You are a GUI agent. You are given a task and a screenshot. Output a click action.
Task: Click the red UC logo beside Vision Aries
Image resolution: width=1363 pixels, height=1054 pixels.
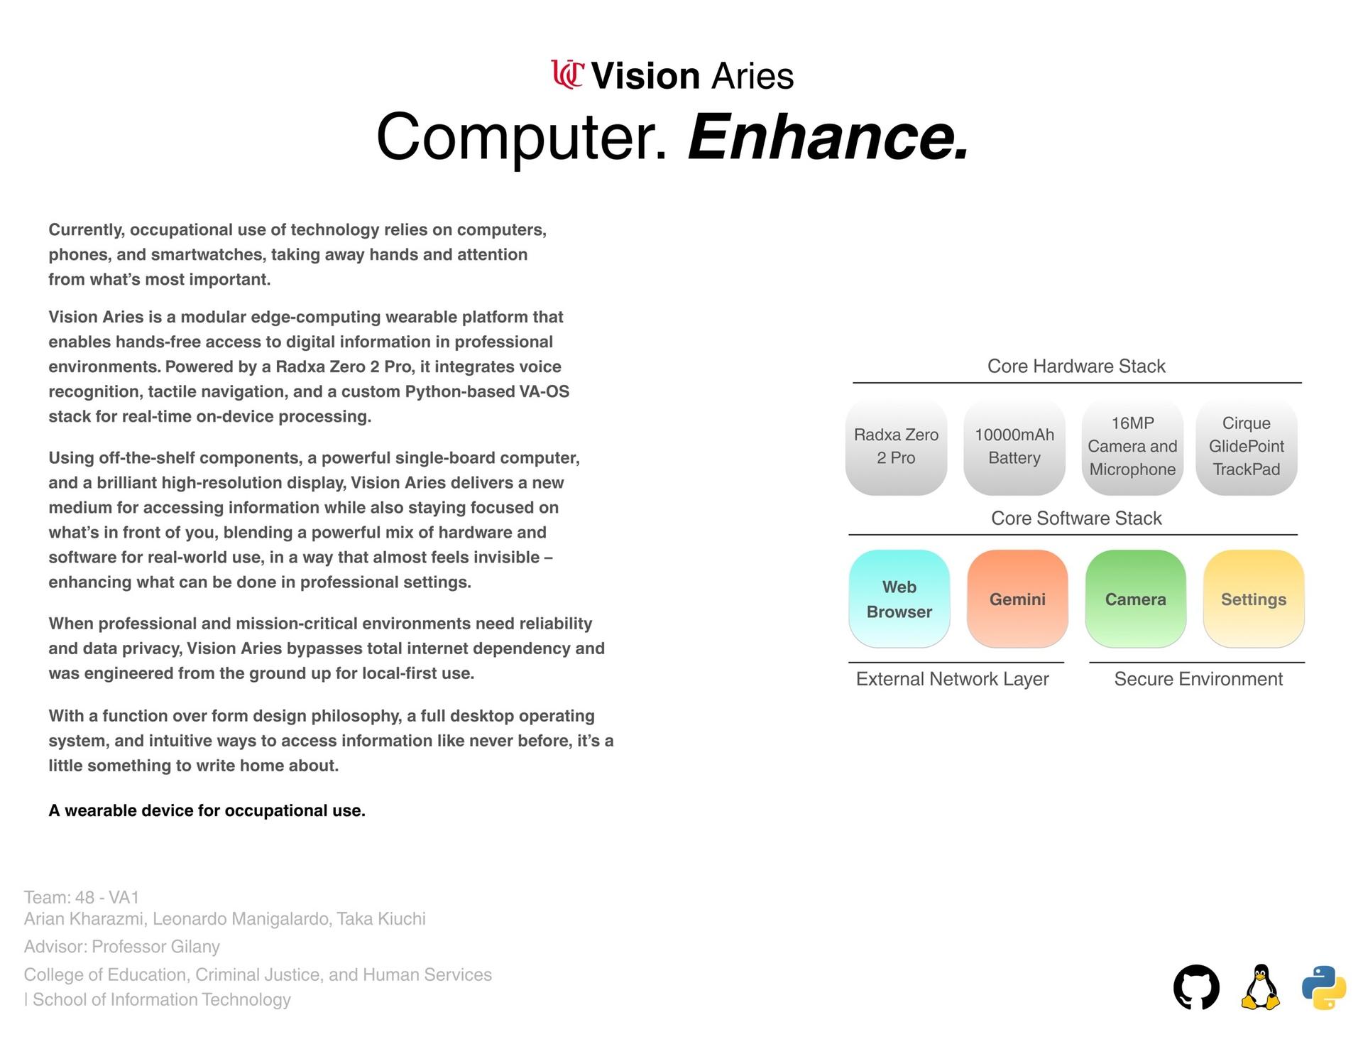click(x=567, y=75)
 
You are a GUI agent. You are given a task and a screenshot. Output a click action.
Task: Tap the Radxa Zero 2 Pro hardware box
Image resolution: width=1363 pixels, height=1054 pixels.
click(x=896, y=447)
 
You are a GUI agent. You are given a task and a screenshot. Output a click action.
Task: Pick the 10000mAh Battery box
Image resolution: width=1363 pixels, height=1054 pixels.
click(x=1014, y=447)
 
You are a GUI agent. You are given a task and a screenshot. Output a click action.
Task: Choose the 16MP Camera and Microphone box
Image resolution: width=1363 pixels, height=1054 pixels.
click(x=1132, y=447)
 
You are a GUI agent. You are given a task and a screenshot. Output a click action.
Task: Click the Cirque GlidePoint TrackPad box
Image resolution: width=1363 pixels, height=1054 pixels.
click(x=1246, y=447)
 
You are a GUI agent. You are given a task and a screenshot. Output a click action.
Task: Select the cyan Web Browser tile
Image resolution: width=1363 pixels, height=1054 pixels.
click(x=899, y=599)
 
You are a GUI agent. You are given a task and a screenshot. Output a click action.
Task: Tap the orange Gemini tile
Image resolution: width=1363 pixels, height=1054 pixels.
click(x=1017, y=599)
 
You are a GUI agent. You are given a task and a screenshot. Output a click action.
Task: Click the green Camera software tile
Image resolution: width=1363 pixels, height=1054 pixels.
click(x=1135, y=599)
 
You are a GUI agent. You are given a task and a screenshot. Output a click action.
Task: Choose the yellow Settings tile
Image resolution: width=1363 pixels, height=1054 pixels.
click(x=1254, y=599)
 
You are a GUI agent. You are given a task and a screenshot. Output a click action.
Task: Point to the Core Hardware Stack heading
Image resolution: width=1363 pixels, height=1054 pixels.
click(x=1076, y=366)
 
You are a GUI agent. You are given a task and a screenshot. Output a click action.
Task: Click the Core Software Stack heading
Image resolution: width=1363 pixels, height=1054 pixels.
click(x=1076, y=518)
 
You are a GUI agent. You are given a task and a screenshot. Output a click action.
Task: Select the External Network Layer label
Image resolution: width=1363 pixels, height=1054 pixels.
click(x=952, y=679)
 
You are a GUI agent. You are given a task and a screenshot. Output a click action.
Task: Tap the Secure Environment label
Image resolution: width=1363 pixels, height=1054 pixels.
click(x=1198, y=679)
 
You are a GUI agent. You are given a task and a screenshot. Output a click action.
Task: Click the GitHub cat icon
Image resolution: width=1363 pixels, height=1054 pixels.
click(x=1196, y=987)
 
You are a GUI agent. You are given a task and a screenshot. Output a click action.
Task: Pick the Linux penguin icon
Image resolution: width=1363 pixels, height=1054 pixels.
click(x=1260, y=987)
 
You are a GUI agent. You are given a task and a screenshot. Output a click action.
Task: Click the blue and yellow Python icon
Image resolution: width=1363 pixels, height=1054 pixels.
click(x=1324, y=987)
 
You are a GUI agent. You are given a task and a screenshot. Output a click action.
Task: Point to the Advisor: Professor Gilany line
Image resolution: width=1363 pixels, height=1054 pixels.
click(x=122, y=947)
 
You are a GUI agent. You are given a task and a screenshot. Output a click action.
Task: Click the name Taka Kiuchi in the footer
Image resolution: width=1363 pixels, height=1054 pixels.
click(x=381, y=919)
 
